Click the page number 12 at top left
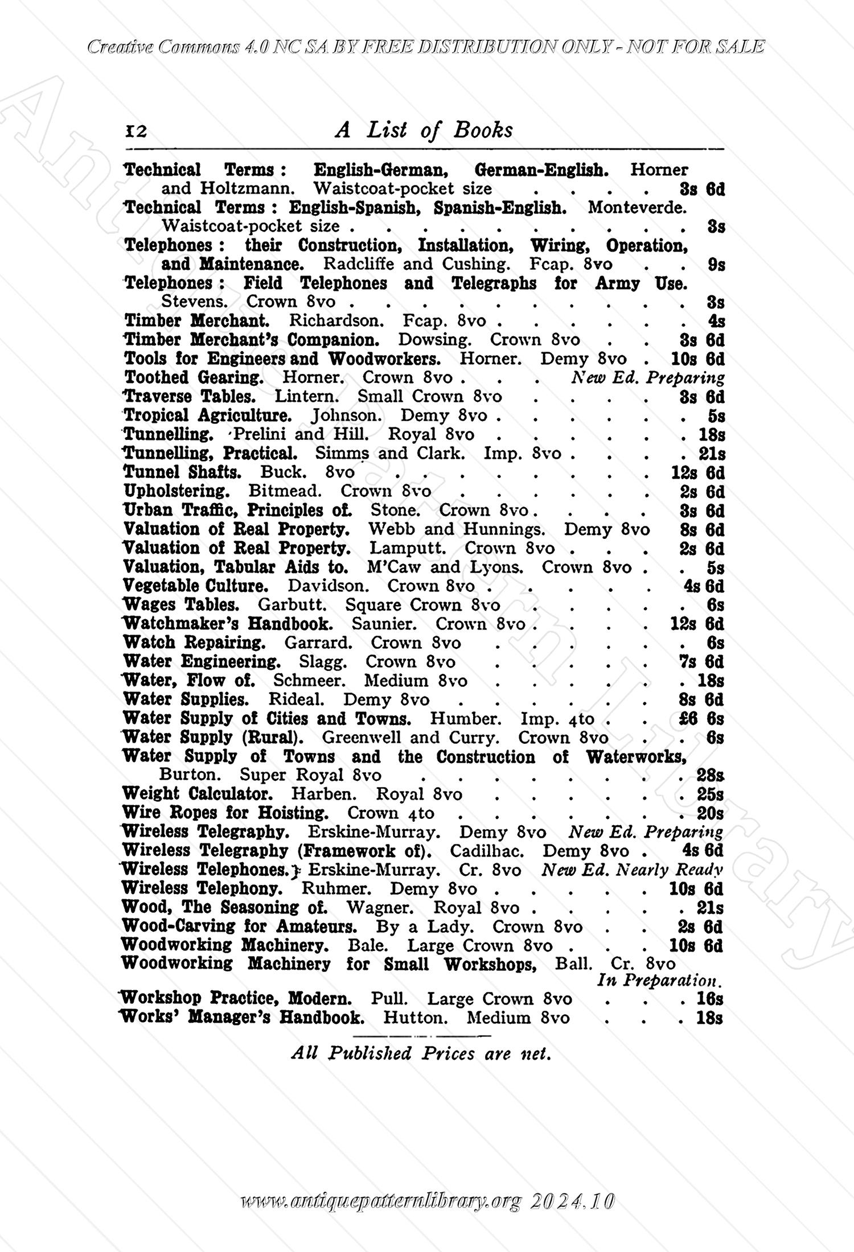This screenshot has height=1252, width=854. point(136,131)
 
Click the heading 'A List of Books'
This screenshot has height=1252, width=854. point(424,130)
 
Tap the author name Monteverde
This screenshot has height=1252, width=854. point(637,207)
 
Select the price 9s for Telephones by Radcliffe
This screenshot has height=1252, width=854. point(716,265)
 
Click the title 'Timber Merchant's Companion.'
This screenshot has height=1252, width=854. point(252,340)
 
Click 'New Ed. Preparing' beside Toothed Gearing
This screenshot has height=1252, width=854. point(647,378)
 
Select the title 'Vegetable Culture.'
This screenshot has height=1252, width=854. point(195,586)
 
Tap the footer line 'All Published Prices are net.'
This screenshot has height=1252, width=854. point(421,1053)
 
